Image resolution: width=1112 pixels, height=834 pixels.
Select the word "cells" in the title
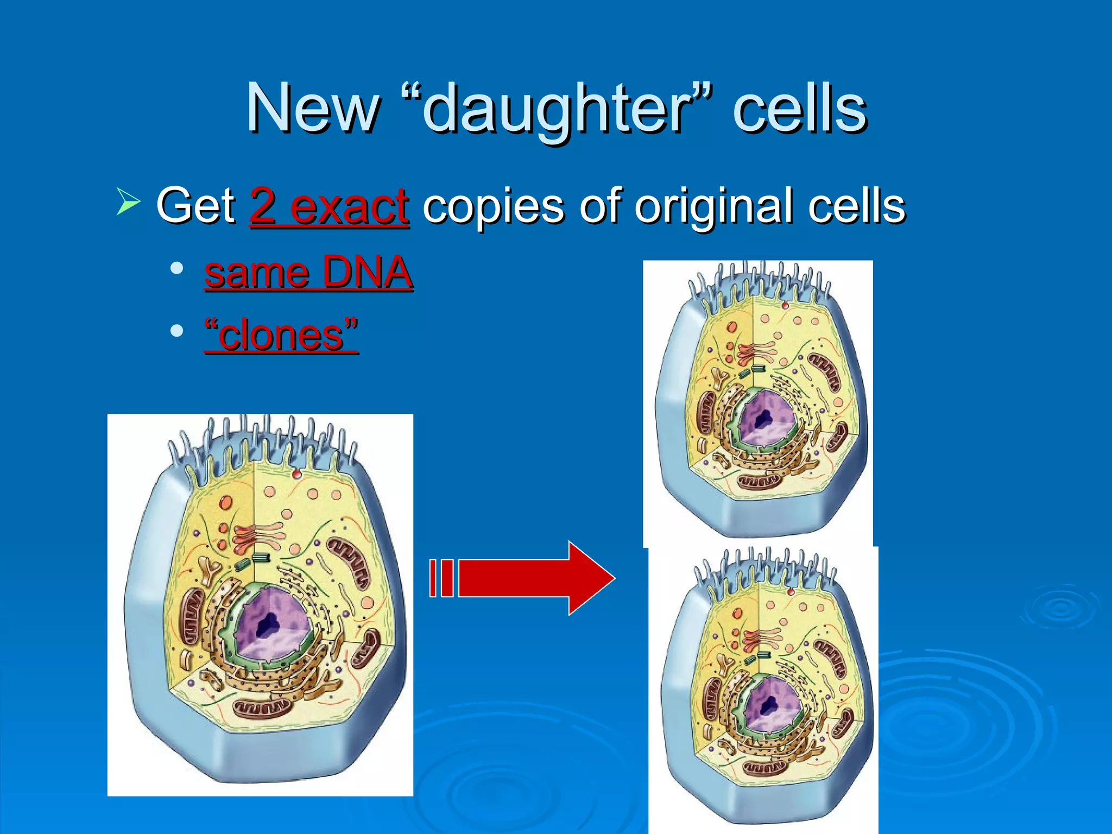pyautogui.click(x=799, y=109)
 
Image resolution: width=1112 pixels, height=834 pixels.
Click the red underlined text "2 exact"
pyautogui.click(x=329, y=206)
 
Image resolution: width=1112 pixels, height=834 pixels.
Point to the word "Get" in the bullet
pyautogui.click(x=195, y=206)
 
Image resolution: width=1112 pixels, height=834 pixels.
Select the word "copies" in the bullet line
pyautogui.click(x=493, y=206)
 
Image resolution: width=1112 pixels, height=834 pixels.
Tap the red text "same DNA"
pyautogui.click(x=308, y=273)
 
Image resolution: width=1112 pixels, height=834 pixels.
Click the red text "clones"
pyautogui.click(x=281, y=335)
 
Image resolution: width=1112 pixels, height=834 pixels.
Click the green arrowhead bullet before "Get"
pyautogui.click(x=128, y=201)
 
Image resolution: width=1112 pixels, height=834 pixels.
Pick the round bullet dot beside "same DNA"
pyautogui.click(x=176, y=268)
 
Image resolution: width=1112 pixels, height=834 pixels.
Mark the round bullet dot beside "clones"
pyautogui.click(x=176, y=331)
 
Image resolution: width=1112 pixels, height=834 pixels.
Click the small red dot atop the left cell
pyautogui.click(x=296, y=475)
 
